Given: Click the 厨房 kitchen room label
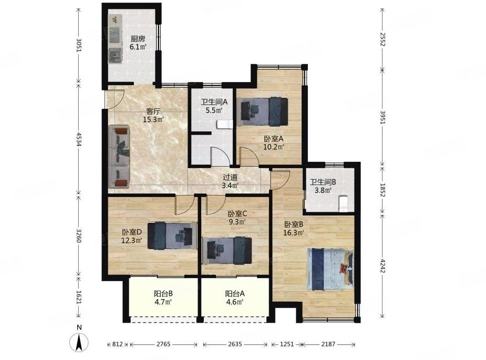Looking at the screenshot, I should coord(138,43).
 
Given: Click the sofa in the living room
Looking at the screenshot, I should coord(121,156).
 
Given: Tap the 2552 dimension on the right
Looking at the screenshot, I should coord(382,39).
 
